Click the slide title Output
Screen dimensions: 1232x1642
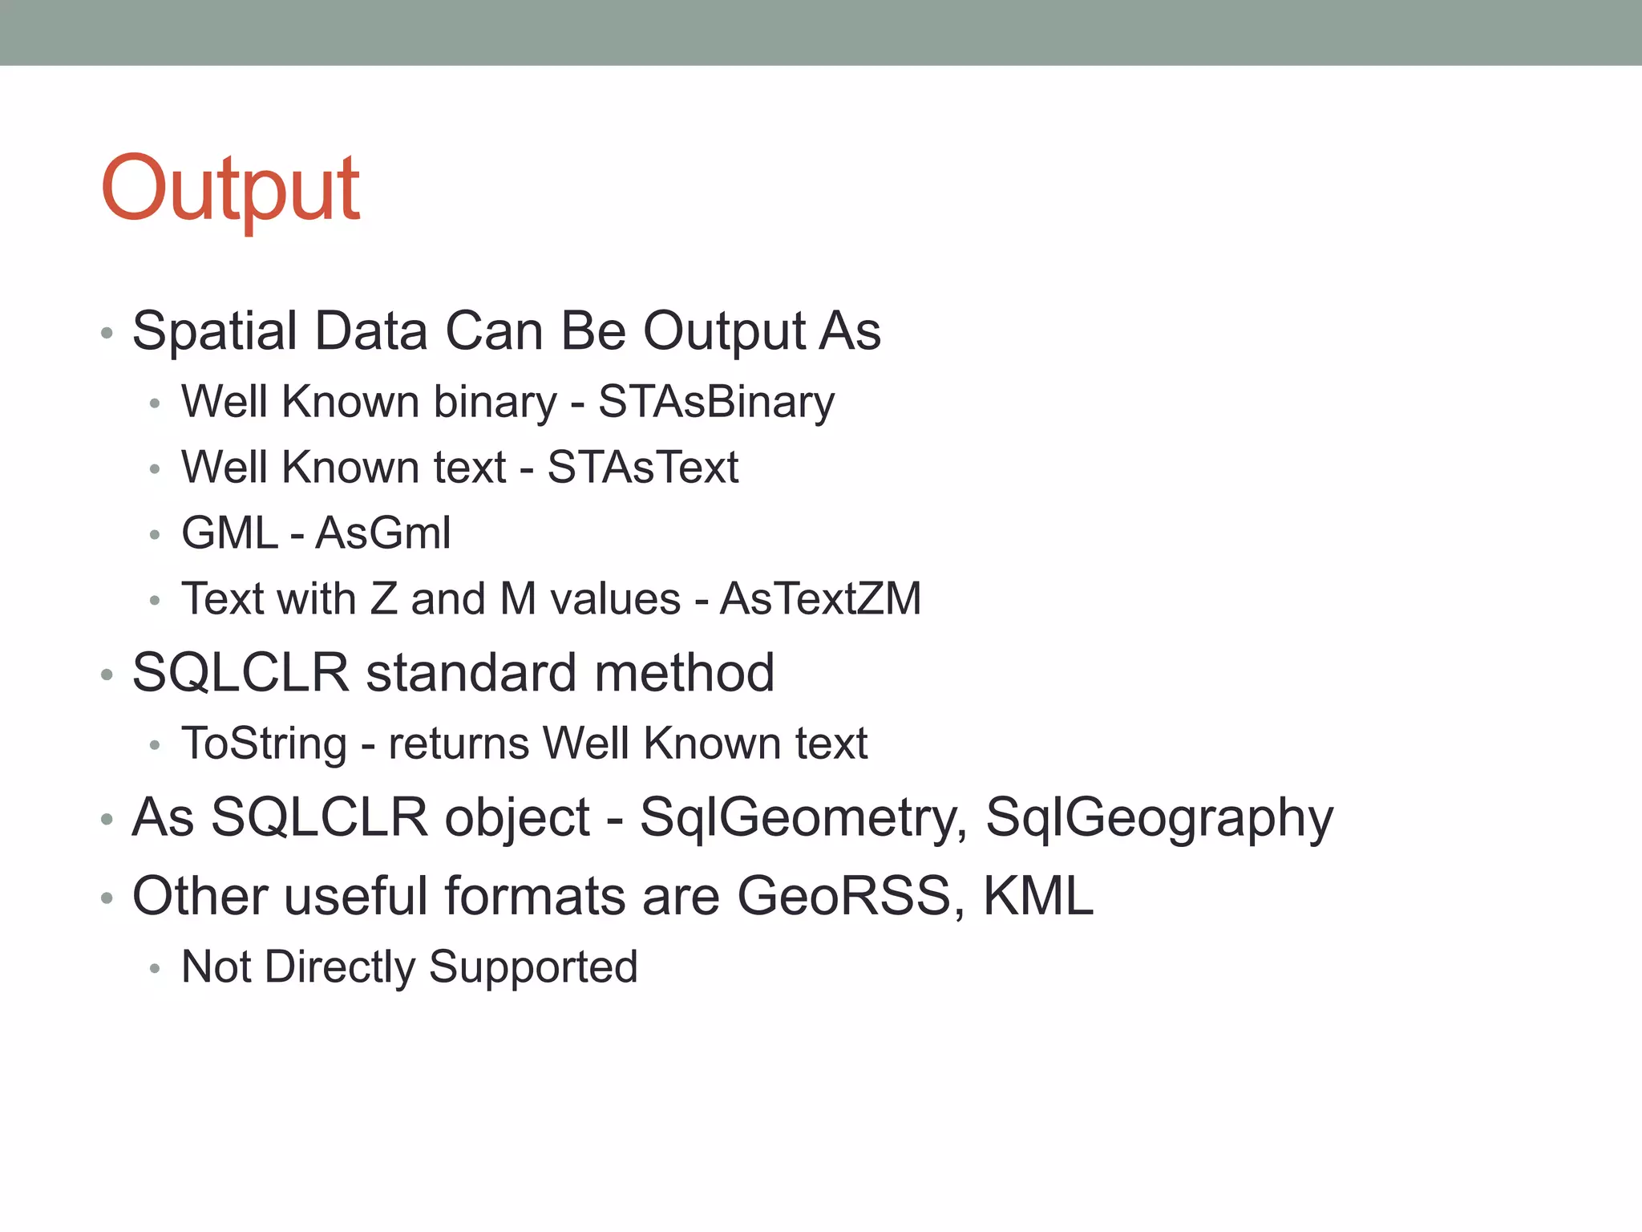231,190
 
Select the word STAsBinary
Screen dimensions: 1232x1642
716,402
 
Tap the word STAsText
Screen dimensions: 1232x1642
642,468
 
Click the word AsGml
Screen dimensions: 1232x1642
383,533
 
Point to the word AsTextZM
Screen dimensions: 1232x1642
820,599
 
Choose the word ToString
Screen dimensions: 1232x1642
264,744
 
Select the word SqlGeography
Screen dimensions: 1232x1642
1159,818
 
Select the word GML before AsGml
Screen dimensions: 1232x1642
229,533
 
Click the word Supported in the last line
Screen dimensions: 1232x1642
533,967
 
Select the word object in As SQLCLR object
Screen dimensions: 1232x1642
517,818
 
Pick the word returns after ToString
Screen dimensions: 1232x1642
459,744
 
